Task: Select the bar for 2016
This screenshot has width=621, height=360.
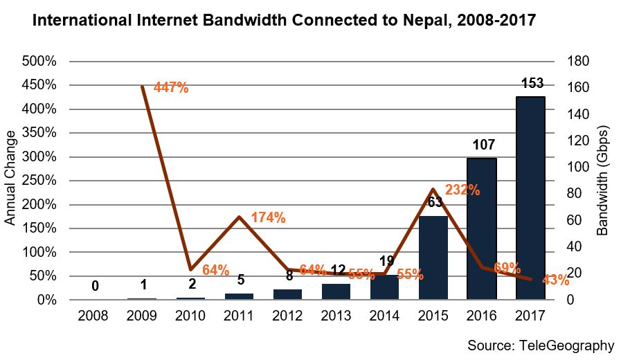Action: coord(481,229)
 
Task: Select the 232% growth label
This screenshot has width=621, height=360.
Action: coord(462,189)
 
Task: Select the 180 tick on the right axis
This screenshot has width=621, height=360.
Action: coord(578,61)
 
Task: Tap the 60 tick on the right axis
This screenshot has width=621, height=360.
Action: coord(575,220)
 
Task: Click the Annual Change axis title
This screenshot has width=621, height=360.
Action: coord(10,181)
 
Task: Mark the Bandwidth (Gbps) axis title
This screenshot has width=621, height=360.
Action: coord(602,181)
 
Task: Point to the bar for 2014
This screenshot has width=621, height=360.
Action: coord(384,287)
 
